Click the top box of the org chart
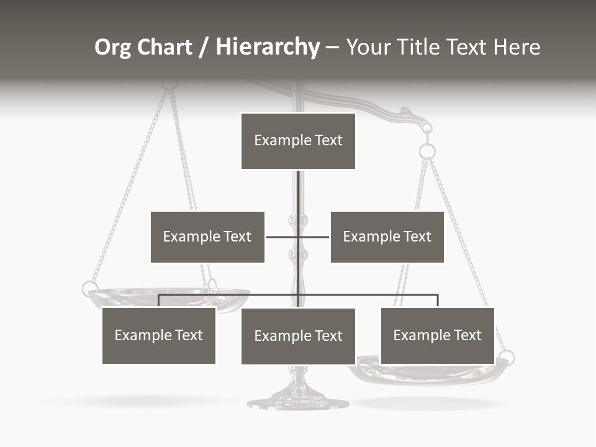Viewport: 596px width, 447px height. [298, 140]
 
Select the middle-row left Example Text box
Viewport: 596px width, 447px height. [207, 237]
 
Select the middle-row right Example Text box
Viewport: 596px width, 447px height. [387, 237]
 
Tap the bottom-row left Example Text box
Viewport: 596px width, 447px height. [159, 335]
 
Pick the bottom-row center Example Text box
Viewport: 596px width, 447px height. [298, 336]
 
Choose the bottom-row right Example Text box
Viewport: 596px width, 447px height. [437, 335]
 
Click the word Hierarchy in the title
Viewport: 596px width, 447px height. [268, 47]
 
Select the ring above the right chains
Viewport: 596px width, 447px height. [427, 151]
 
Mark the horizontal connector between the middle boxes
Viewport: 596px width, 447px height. [298, 237]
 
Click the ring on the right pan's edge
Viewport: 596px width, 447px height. [507, 358]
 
